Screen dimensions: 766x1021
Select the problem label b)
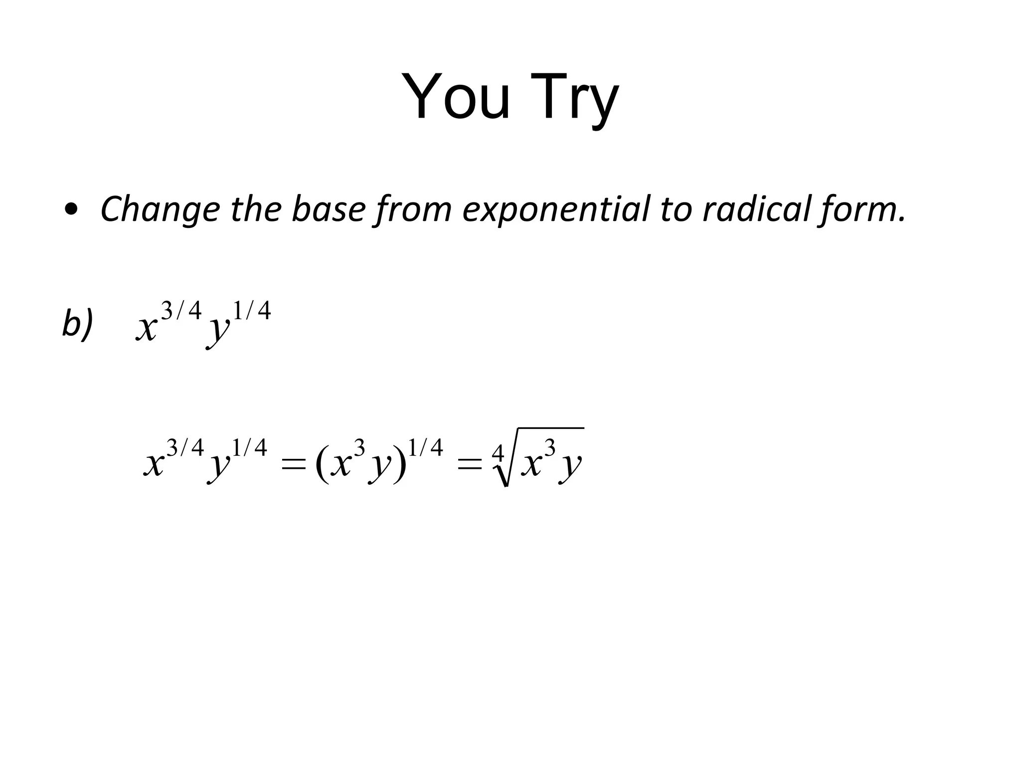tap(77, 323)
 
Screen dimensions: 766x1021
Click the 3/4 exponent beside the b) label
tap(181, 311)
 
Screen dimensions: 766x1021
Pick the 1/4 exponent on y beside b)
tap(252, 311)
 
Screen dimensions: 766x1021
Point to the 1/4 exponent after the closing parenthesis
tap(425, 448)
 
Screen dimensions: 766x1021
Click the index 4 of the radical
tap(498, 454)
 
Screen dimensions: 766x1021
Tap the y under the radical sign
tap(570, 466)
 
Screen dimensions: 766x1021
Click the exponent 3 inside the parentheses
tap(359, 448)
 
